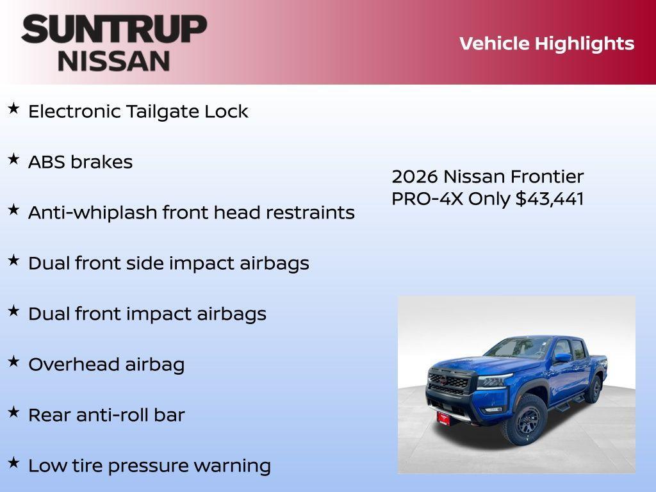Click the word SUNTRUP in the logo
114,29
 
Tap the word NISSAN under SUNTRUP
114,61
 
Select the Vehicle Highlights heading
546,44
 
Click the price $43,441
550,199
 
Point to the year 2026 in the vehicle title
414,176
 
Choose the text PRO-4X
427,199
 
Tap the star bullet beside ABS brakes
13,160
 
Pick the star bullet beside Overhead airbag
13,362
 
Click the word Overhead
71,365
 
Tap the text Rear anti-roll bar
106,415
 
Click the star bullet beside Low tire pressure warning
13,463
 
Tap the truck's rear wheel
593,389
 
